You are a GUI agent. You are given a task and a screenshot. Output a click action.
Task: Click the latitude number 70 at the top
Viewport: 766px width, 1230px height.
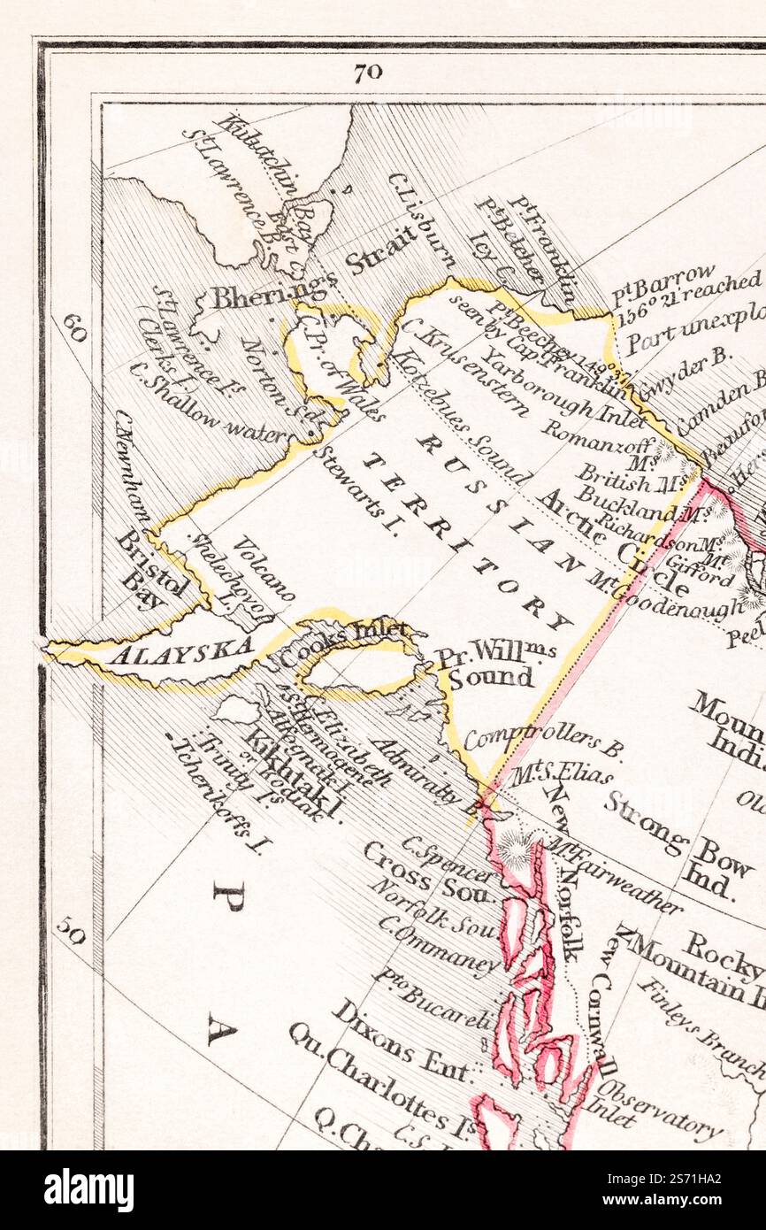coord(368,73)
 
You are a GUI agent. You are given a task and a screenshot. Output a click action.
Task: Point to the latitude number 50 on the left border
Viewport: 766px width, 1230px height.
coord(72,931)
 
